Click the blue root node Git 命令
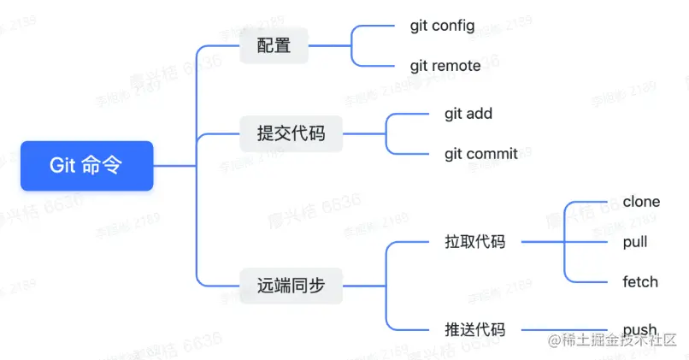tap(86, 166)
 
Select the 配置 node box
tap(274, 45)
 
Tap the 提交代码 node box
tap(291, 133)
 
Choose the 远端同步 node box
tap(291, 286)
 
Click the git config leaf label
tap(442, 26)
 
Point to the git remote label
tap(445, 66)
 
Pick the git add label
tap(468, 113)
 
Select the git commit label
tap(481, 154)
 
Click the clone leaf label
tap(641, 202)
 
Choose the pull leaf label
tap(635, 242)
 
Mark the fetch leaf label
tap(640, 282)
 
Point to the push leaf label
tap(639, 329)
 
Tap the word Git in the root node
tap(63, 166)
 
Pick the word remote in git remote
tap(456, 66)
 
